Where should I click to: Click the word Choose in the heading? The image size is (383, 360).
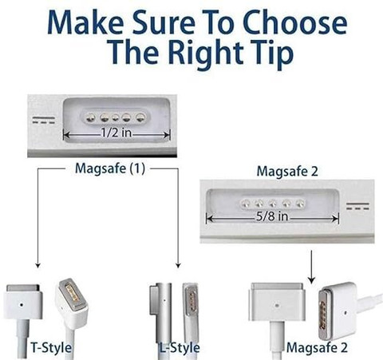[x=294, y=22]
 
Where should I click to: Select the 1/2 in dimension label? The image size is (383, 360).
[x=116, y=133]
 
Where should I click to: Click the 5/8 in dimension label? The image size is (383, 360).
[x=272, y=216]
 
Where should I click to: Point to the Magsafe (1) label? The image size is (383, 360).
[x=110, y=168]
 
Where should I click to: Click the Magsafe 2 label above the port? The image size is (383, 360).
[x=287, y=171]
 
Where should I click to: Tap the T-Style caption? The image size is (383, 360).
[x=51, y=347]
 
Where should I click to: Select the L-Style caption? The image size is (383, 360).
[x=180, y=347]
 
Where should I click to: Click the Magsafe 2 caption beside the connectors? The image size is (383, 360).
[x=317, y=347]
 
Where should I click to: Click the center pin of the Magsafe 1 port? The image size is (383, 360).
[x=115, y=117]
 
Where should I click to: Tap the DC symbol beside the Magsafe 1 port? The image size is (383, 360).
[x=44, y=121]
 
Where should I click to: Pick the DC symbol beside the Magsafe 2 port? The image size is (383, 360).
[x=357, y=206]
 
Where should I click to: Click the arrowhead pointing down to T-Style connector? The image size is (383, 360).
[x=38, y=265]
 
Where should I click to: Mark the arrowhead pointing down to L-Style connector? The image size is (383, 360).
[x=178, y=265]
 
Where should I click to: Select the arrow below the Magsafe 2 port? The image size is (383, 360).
[x=311, y=267]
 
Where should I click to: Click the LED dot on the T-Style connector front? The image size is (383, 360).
[x=22, y=304]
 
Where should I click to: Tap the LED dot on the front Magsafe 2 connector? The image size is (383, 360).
[x=277, y=305]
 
